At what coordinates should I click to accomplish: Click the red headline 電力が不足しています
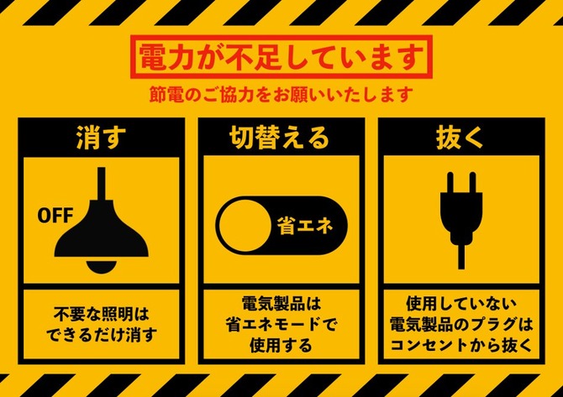pyautogui.click(x=281, y=57)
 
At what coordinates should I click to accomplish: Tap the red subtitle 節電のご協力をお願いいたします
pyautogui.click(x=281, y=94)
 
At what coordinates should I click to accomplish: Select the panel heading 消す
pyautogui.click(x=101, y=138)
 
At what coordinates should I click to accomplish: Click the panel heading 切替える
pyautogui.click(x=279, y=138)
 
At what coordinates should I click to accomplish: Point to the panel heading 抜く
pyautogui.click(x=460, y=138)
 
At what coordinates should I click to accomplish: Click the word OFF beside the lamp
pyautogui.click(x=55, y=216)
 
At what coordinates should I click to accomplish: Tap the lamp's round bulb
pyautogui.click(x=101, y=265)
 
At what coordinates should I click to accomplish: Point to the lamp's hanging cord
pyautogui.click(x=101, y=184)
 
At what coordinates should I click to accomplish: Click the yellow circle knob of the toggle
pyautogui.click(x=245, y=226)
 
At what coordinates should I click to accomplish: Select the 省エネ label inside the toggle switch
pyautogui.click(x=305, y=227)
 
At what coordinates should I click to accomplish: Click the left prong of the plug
pyautogui.click(x=451, y=183)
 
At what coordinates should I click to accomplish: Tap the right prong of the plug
pyautogui.click(x=471, y=183)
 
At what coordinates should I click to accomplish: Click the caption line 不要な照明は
pyautogui.click(x=101, y=315)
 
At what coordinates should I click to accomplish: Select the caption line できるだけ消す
pyautogui.click(x=102, y=336)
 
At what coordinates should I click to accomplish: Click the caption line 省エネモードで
pyautogui.click(x=281, y=326)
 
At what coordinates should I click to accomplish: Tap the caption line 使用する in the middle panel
pyautogui.click(x=281, y=346)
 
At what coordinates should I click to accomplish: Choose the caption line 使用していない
pyautogui.click(x=461, y=305)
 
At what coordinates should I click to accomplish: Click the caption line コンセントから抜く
pyautogui.click(x=461, y=346)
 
